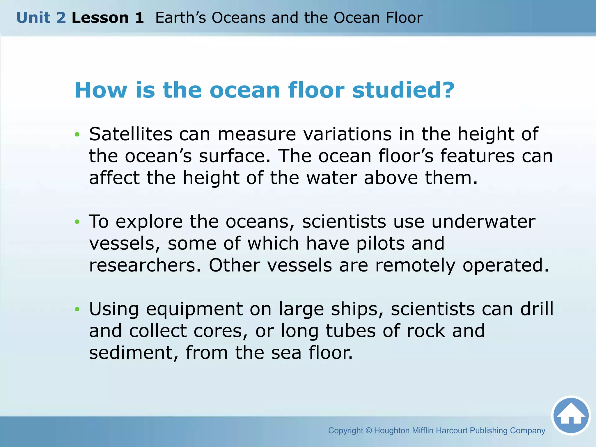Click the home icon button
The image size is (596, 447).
pos(571,415)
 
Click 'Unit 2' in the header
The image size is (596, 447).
pos(41,18)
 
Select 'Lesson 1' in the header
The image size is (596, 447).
pos(108,18)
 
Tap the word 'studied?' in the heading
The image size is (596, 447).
pos(403,90)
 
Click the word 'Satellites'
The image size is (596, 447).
pos(131,134)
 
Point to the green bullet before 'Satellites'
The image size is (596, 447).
pos(77,134)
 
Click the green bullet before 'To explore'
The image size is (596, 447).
pos(77,222)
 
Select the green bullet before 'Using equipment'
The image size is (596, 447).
pos(77,309)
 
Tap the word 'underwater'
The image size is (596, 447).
pos(483,222)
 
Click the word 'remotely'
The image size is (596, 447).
pos(415,265)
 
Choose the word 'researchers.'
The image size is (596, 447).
pos(145,265)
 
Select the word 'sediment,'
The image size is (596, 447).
pos(134,353)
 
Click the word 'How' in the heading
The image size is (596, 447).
pos(101,90)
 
